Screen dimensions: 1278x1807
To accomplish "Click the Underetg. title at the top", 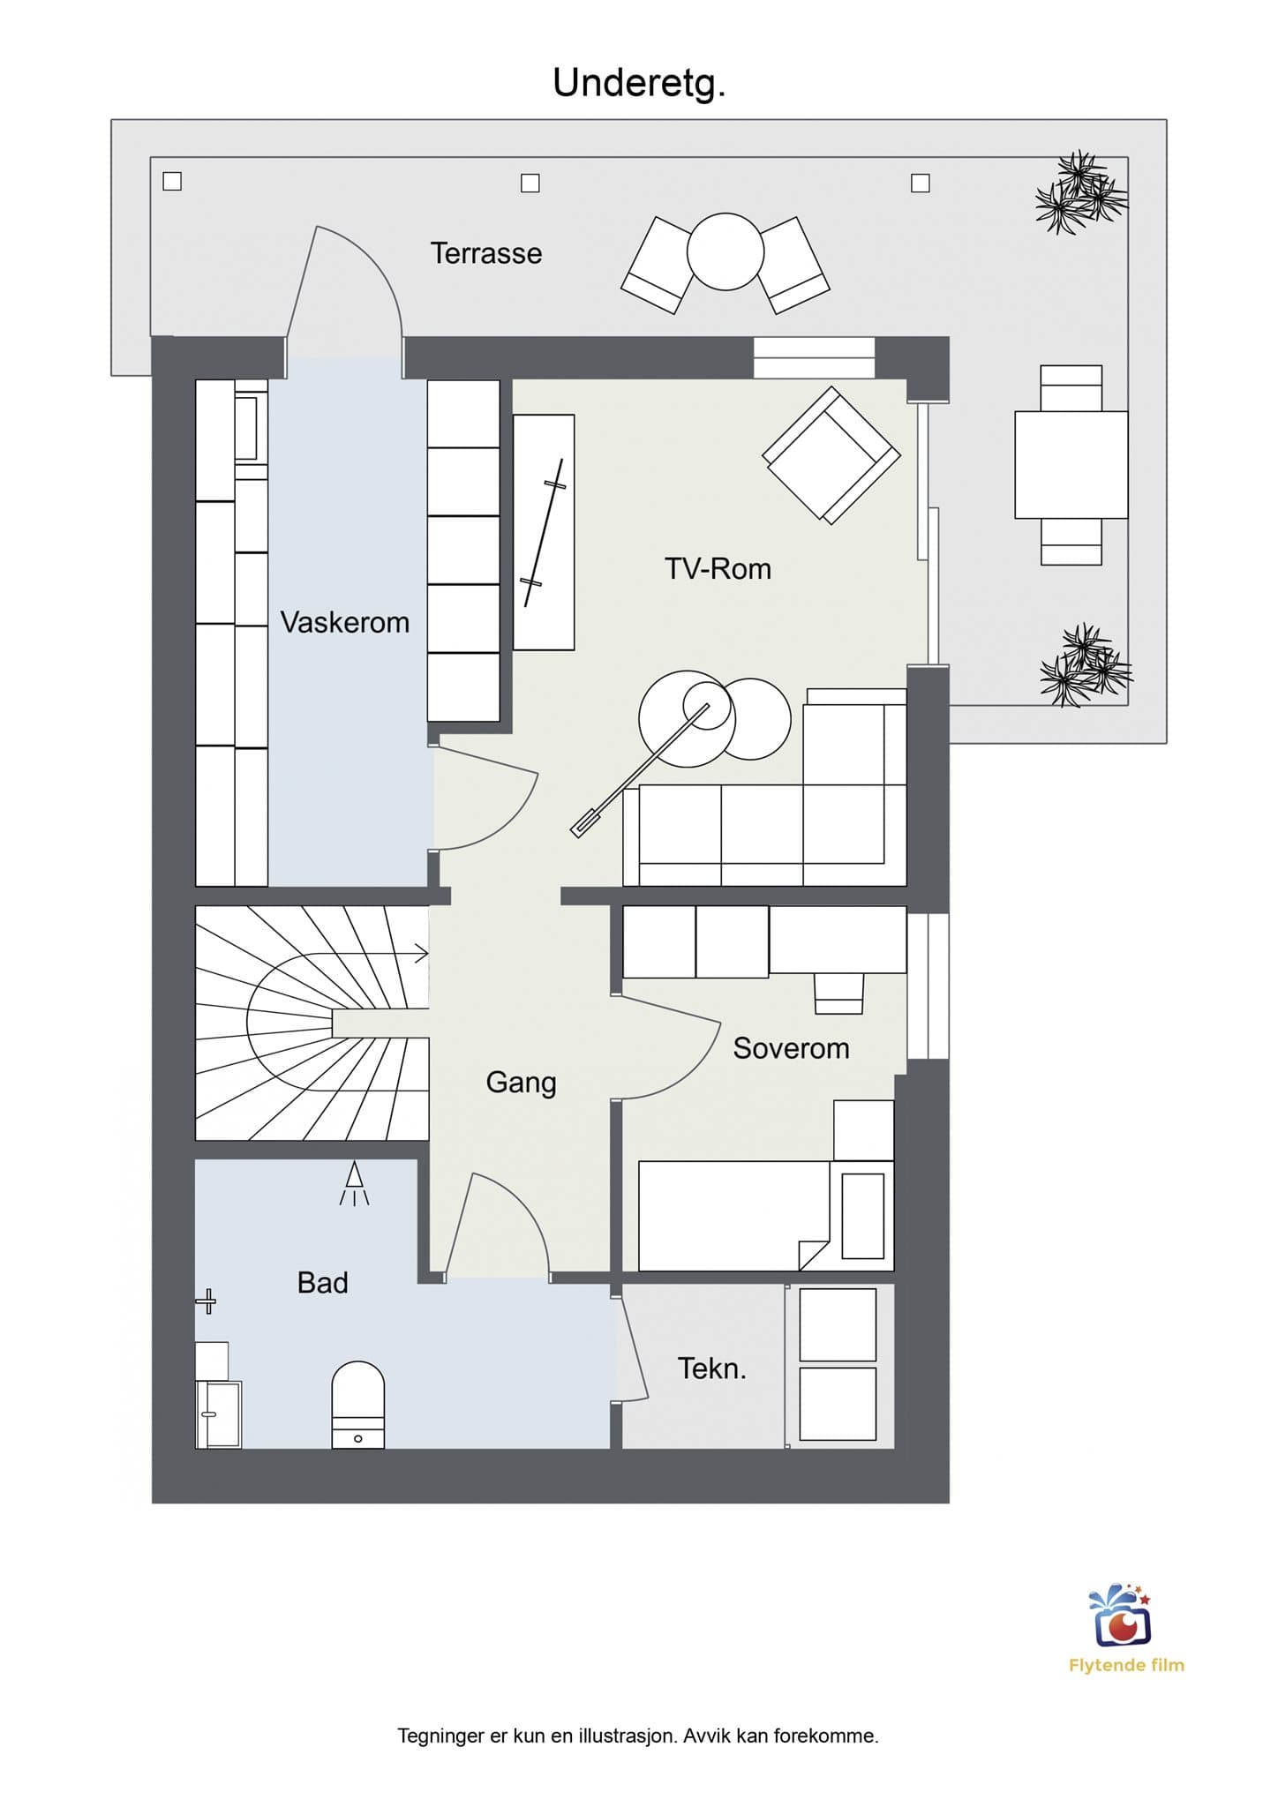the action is tap(639, 84).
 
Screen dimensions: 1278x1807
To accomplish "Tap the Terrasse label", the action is tap(486, 253).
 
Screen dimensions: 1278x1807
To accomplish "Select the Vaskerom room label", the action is tap(345, 622).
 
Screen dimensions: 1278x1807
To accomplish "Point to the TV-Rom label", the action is tap(718, 568).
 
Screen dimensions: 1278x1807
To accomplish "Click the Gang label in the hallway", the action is tap(521, 1083).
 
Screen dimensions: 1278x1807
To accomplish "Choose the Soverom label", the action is tap(791, 1048).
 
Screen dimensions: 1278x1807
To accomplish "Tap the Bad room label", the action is tap(322, 1282).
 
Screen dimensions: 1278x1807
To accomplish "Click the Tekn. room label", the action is tap(711, 1368).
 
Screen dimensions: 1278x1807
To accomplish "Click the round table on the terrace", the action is tap(725, 251).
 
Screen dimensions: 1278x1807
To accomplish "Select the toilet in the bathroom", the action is tap(357, 1404).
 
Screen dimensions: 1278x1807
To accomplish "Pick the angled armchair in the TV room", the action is tap(831, 455).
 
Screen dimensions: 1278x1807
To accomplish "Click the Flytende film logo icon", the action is tap(1121, 1616).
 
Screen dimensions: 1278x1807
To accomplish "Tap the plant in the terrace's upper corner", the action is tap(1081, 192).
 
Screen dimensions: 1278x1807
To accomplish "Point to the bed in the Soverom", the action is tap(766, 1216).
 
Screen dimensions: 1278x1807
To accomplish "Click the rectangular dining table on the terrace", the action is tap(1071, 464).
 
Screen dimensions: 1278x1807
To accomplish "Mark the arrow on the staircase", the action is tap(380, 953).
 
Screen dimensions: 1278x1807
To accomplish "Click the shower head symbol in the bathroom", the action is tap(354, 1183).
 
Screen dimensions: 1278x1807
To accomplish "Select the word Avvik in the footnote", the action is tap(706, 1736).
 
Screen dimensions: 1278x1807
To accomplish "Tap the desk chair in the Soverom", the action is tap(838, 993).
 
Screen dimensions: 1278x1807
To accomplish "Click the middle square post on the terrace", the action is tap(530, 183).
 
